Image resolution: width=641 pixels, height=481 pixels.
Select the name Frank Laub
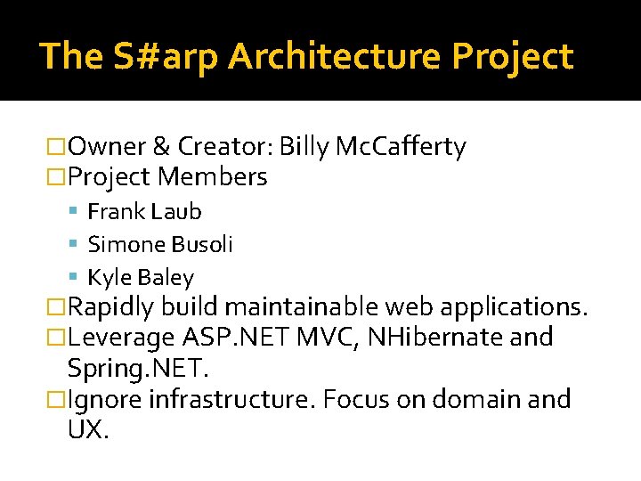pyautogui.click(x=144, y=212)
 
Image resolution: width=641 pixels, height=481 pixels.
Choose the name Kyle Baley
pyautogui.click(x=141, y=278)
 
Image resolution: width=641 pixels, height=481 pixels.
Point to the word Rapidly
pyautogui.click(x=111, y=307)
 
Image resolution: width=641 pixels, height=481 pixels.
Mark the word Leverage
pyautogui.click(x=121, y=338)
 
